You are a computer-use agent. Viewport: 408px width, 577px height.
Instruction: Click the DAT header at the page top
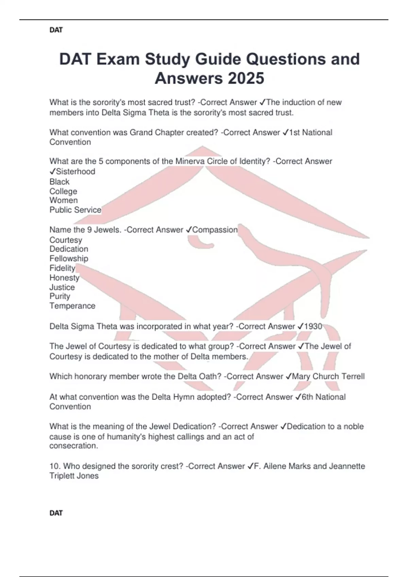pos(56,30)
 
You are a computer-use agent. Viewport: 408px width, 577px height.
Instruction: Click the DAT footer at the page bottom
pos(56,513)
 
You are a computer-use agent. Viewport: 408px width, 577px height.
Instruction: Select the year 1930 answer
pos(313,327)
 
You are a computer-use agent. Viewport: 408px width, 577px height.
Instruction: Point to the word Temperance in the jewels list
pos(72,306)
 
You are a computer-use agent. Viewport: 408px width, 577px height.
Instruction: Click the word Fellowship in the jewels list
pos(69,259)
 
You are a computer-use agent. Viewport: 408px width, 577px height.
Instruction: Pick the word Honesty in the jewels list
pos(64,278)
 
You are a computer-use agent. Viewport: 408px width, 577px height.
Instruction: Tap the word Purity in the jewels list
pos(60,296)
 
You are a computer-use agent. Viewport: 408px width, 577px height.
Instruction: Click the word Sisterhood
pos(75,172)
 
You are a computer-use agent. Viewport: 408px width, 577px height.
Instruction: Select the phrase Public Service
pos(75,210)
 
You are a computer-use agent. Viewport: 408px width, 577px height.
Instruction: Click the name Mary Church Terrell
pos(328,376)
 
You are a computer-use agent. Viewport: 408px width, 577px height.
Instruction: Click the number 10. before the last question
pos(54,466)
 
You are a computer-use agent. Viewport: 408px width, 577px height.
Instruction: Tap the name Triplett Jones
pos(74,476)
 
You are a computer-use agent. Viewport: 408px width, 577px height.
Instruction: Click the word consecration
pos(73,446)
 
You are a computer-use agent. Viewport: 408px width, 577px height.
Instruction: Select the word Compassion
pos(215,230)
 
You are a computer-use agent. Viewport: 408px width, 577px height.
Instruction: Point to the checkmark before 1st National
pos(285,133)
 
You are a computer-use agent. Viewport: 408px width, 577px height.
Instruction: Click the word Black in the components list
pos(60,182)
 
